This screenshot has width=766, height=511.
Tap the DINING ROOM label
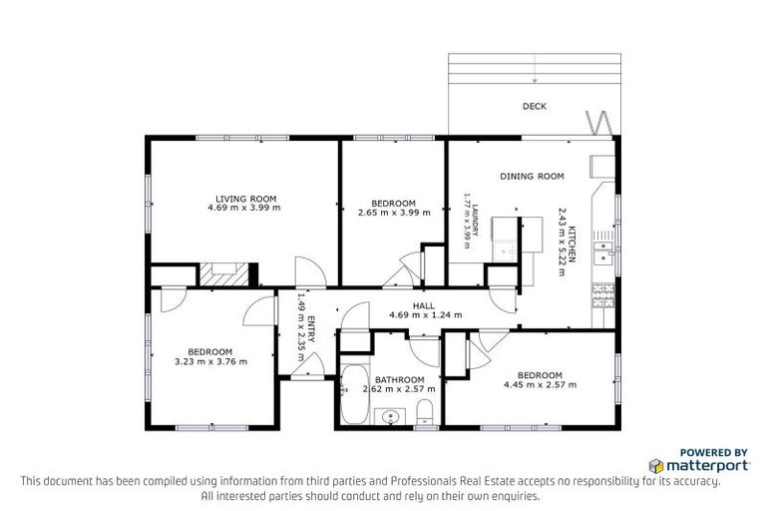pyautogui.click(x=532, y=177)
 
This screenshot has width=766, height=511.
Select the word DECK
pyautogui.click(x=534, y=107)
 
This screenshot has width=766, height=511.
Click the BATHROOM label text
pyautogui.click(x=399, y=380)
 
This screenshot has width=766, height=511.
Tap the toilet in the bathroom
pyautogui.click(x=424, y=409)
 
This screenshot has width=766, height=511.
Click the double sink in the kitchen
pyautogui.click(x=602, y=252)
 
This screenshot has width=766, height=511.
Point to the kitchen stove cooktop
pyautogui.click(x=601, y=295)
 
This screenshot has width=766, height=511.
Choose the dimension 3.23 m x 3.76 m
pyautogui.click(x=210, y=361)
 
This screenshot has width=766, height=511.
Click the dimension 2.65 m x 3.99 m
pyautogui.click(x=393, y=212)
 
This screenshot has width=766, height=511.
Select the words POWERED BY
pyautogui.click(x=714, y=451)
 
